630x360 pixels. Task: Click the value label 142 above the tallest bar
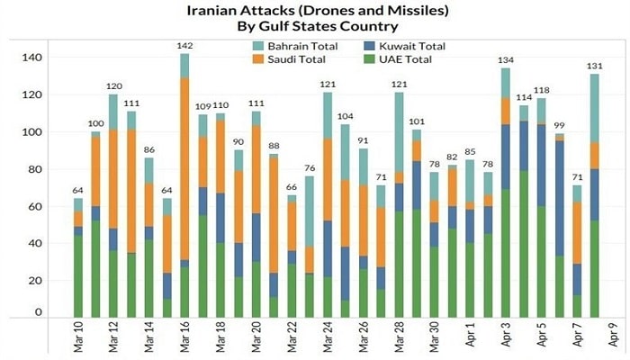tap(184, 46)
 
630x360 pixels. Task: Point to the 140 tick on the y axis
tap(33, 58)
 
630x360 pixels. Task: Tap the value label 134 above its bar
tap(506, 60)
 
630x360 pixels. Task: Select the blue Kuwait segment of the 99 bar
tap(560, 198)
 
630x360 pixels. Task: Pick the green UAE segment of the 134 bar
tap(506, 252)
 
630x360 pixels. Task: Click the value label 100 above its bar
tap(96, 123)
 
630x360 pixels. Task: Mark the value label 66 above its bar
tap(292, 187)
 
